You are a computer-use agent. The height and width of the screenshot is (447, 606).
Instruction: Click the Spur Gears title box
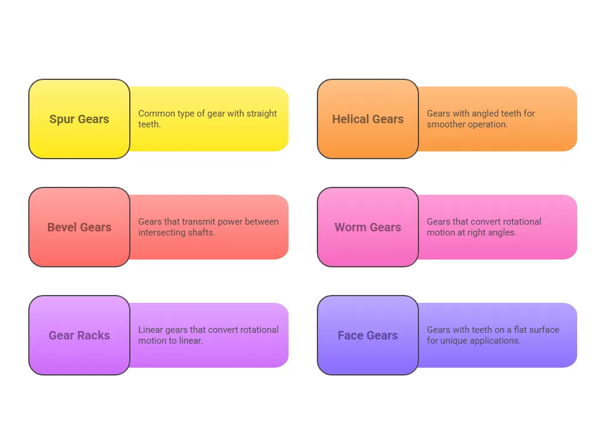(79, 119)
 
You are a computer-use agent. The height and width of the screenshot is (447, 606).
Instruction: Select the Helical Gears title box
(368, 119)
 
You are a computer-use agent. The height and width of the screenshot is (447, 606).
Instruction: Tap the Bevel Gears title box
(79, 227)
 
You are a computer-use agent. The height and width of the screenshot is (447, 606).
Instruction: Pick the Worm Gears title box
(368, 227)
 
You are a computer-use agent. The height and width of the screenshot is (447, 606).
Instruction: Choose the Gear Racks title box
(79, 335)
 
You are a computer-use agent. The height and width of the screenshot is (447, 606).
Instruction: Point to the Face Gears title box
(368, 335)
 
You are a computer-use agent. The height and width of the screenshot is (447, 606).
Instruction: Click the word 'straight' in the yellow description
(262, 114)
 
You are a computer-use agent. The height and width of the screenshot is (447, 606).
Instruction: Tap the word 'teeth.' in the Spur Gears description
(150, 124)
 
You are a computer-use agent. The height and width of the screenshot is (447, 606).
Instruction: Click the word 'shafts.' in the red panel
(201, 233)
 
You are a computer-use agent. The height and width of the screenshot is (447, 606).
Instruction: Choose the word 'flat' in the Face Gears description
(520, 330)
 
